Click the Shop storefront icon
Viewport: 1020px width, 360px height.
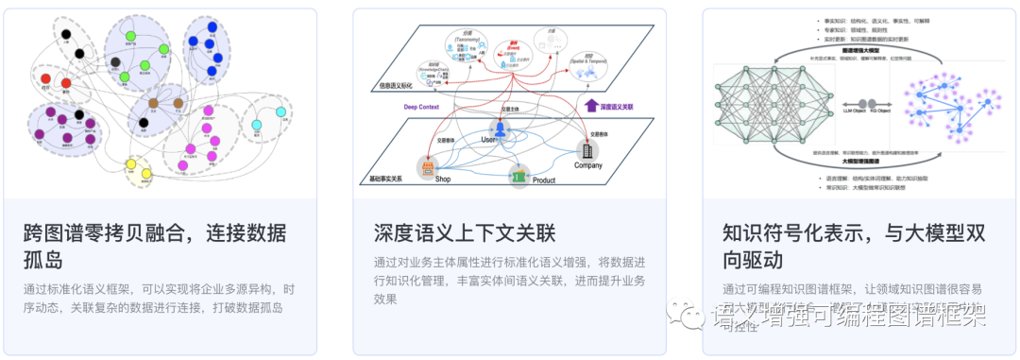coord(428,167)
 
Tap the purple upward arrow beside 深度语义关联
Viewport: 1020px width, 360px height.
coord(591,105)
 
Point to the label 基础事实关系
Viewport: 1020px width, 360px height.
coord(384,179)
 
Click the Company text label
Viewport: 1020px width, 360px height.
coord(588,166)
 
